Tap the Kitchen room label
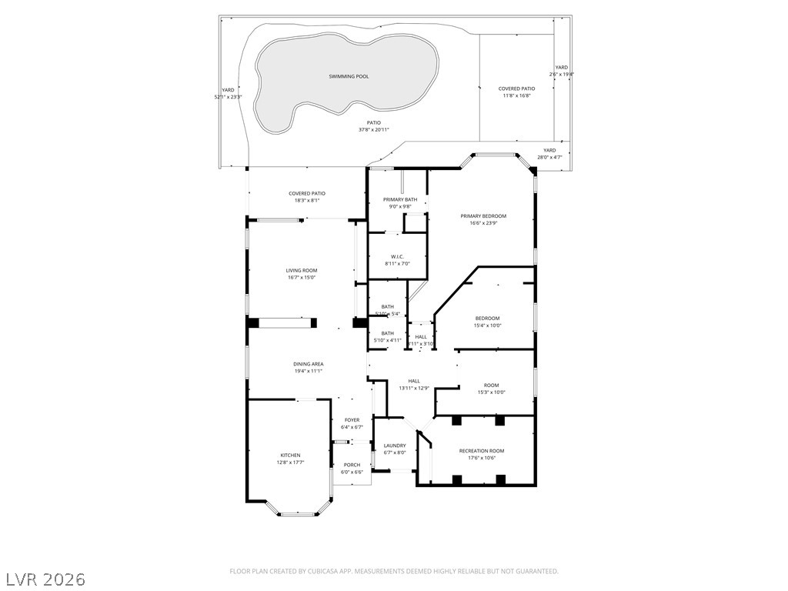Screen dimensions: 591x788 coord(290,455)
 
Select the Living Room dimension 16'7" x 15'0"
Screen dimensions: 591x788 coord(301,278)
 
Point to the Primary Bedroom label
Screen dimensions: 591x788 coord(483,216)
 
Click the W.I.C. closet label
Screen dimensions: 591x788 coord(397,256)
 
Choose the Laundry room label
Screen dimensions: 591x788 coord(394,446)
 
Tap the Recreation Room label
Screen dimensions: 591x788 coord(482,450)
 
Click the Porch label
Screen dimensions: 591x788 coord(352,465)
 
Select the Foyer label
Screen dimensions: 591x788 coord(352,420)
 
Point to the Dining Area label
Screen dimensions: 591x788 coord(308,364)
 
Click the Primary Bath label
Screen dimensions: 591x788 coord(400,199)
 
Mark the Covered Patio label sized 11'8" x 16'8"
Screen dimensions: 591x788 coord(516,88)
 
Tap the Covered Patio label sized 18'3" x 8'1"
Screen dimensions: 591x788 coord(307,194)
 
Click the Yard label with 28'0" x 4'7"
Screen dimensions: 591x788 coord(549,150)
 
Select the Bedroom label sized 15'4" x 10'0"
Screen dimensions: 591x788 coord(487,318)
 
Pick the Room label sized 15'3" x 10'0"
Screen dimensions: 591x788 coord(491,385)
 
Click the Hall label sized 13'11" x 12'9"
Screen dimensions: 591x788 coord(414,381)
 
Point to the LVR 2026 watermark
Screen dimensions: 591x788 coord(45,578)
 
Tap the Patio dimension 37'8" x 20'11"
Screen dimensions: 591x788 coord(373,130)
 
